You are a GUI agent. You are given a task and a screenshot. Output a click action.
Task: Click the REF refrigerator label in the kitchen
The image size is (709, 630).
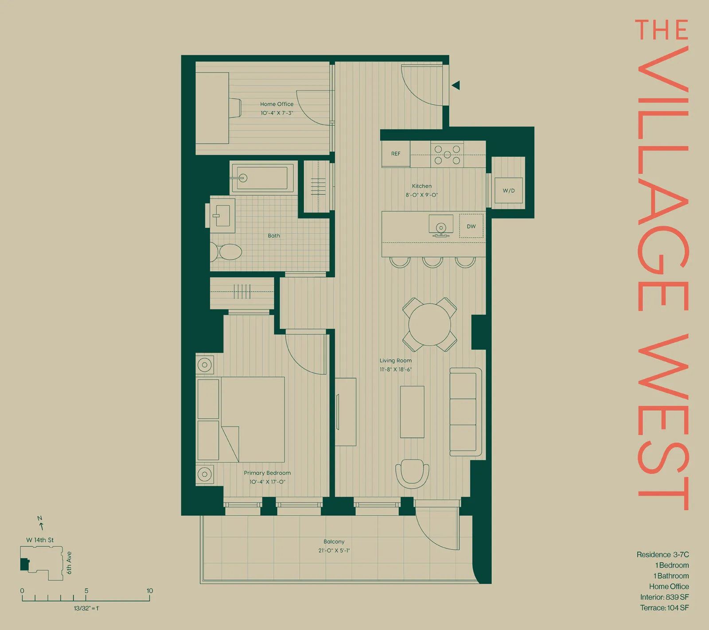pyautogui.click(x=396, y=154)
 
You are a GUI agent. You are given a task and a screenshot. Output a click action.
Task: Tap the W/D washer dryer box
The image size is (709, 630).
pyautogui.click(x=509, y=191)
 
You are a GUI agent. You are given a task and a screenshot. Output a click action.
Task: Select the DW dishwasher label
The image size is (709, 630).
pyautogui.click(x=471, y=226)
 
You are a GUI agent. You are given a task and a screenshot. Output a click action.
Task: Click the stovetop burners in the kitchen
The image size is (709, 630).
pyautogui.click(x=447, y=155)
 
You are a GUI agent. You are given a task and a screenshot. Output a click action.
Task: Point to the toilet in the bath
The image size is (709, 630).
pyautogui.click(x=227, y=252)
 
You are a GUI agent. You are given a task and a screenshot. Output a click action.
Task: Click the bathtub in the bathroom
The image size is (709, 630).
pyautogui.click(x=261, y=178)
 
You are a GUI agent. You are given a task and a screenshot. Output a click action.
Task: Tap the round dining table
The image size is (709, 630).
pyautogui.click(x=429, y=324)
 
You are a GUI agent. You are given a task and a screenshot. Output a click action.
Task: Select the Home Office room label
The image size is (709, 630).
pyautogui.click(x=277, y=104)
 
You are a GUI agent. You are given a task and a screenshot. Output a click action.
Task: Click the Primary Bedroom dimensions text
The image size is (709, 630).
pyautogui.click(x=267, y=482)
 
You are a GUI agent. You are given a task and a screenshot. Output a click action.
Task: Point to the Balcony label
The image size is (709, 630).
pyautogui.click(x=334, y=541)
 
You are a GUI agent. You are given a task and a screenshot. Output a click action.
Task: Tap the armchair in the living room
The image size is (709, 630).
pyautogui.click(x=412, y=473)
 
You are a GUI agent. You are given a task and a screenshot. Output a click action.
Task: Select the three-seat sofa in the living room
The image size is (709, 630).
pyautogui.click(x=465, y=412)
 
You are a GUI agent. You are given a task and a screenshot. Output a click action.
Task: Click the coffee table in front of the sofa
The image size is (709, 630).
pyautogui.click(x=412, y=412)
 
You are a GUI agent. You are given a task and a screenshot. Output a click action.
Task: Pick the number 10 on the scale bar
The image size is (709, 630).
pyautogui.click(x=150, y=591)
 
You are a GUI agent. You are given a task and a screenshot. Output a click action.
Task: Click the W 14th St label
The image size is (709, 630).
pyautogui.click(x=40, y=540)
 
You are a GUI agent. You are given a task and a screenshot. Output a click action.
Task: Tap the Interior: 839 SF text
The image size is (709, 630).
pyautogui.click(x=664, y=597)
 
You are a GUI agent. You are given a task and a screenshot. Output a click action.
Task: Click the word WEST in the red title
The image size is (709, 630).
pyautogui.click(x=663, y=421)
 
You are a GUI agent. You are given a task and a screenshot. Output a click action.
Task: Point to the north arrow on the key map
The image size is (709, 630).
pyautogui.click(x=41, y=524)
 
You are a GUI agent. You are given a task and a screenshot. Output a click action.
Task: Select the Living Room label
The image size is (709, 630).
pyautogui.click(x=395, y=361)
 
